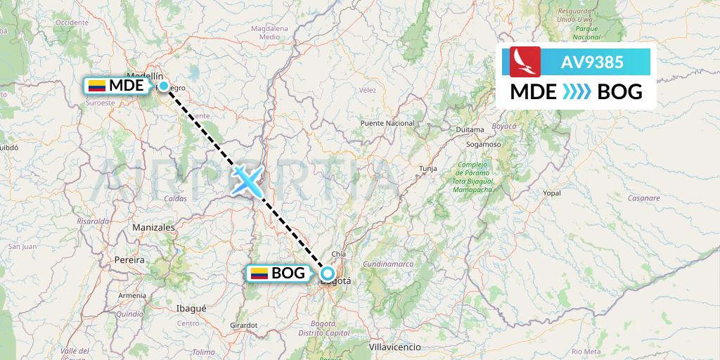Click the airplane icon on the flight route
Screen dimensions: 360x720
pyautogui.click(x=246, y=180)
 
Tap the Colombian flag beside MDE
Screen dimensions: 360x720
pyautogui.click(x=96, y=86)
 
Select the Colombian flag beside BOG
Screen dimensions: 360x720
pyautogui.click(x=259, y=274)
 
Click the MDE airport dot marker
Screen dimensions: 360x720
pyautogui.click(x=164, y=86)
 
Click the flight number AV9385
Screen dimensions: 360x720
pyautogui.click(x=591, y=62)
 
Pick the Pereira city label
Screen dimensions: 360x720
pyautogui.click(x=129, y=260)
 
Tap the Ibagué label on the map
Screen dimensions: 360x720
pyautogui.click(x=191, y=308)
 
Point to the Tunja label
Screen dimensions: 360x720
pyautogui.click(x=428, y=169)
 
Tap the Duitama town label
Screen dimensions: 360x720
pyautogui.click(x=470, y=129)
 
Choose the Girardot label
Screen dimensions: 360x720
pyautogui.click(x=244, y=325)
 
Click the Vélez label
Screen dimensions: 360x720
pyautogui.click(x=368, y=90)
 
